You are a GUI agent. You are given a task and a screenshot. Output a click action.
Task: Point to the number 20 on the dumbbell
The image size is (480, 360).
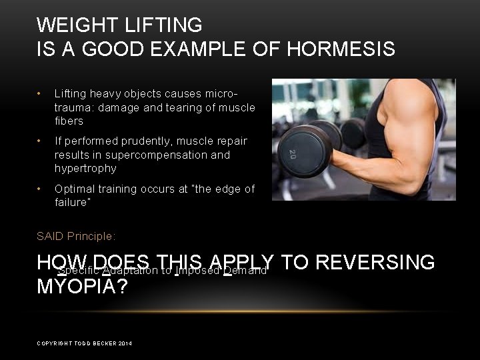pos(292,155)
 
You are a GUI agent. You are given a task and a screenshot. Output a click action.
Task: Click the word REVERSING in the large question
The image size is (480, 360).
pos(374,263)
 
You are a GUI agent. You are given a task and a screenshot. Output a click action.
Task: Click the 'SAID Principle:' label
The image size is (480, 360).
pos(76,236)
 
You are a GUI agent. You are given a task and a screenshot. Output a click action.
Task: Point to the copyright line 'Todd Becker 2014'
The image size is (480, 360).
pos(84,343)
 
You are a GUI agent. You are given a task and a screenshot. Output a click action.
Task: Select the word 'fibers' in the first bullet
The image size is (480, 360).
pos(69,121)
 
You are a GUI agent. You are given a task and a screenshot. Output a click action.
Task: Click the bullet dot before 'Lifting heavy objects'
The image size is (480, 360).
pos(41,93)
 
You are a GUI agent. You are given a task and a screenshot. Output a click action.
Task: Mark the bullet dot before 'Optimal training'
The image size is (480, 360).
pos(41,189)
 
